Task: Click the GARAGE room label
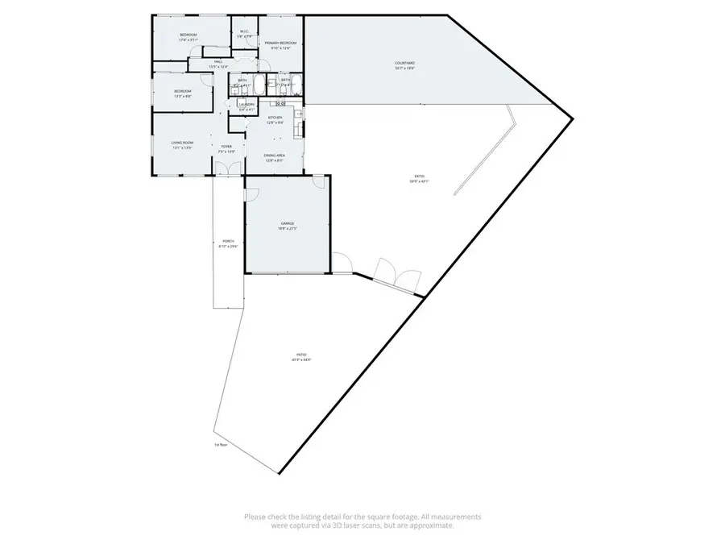[288, 223]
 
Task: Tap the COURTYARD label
[404, 63]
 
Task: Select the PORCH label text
[228, 242]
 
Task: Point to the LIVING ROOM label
[182, 143]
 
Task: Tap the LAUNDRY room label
[246, 104]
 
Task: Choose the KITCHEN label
[275, 118]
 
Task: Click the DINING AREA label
[275, 156]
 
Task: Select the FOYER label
[227, 146]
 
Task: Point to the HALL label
[218, 61]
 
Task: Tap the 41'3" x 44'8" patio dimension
[301, 359]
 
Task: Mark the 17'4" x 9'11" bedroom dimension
[188, 39]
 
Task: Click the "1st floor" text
[221, 444]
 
